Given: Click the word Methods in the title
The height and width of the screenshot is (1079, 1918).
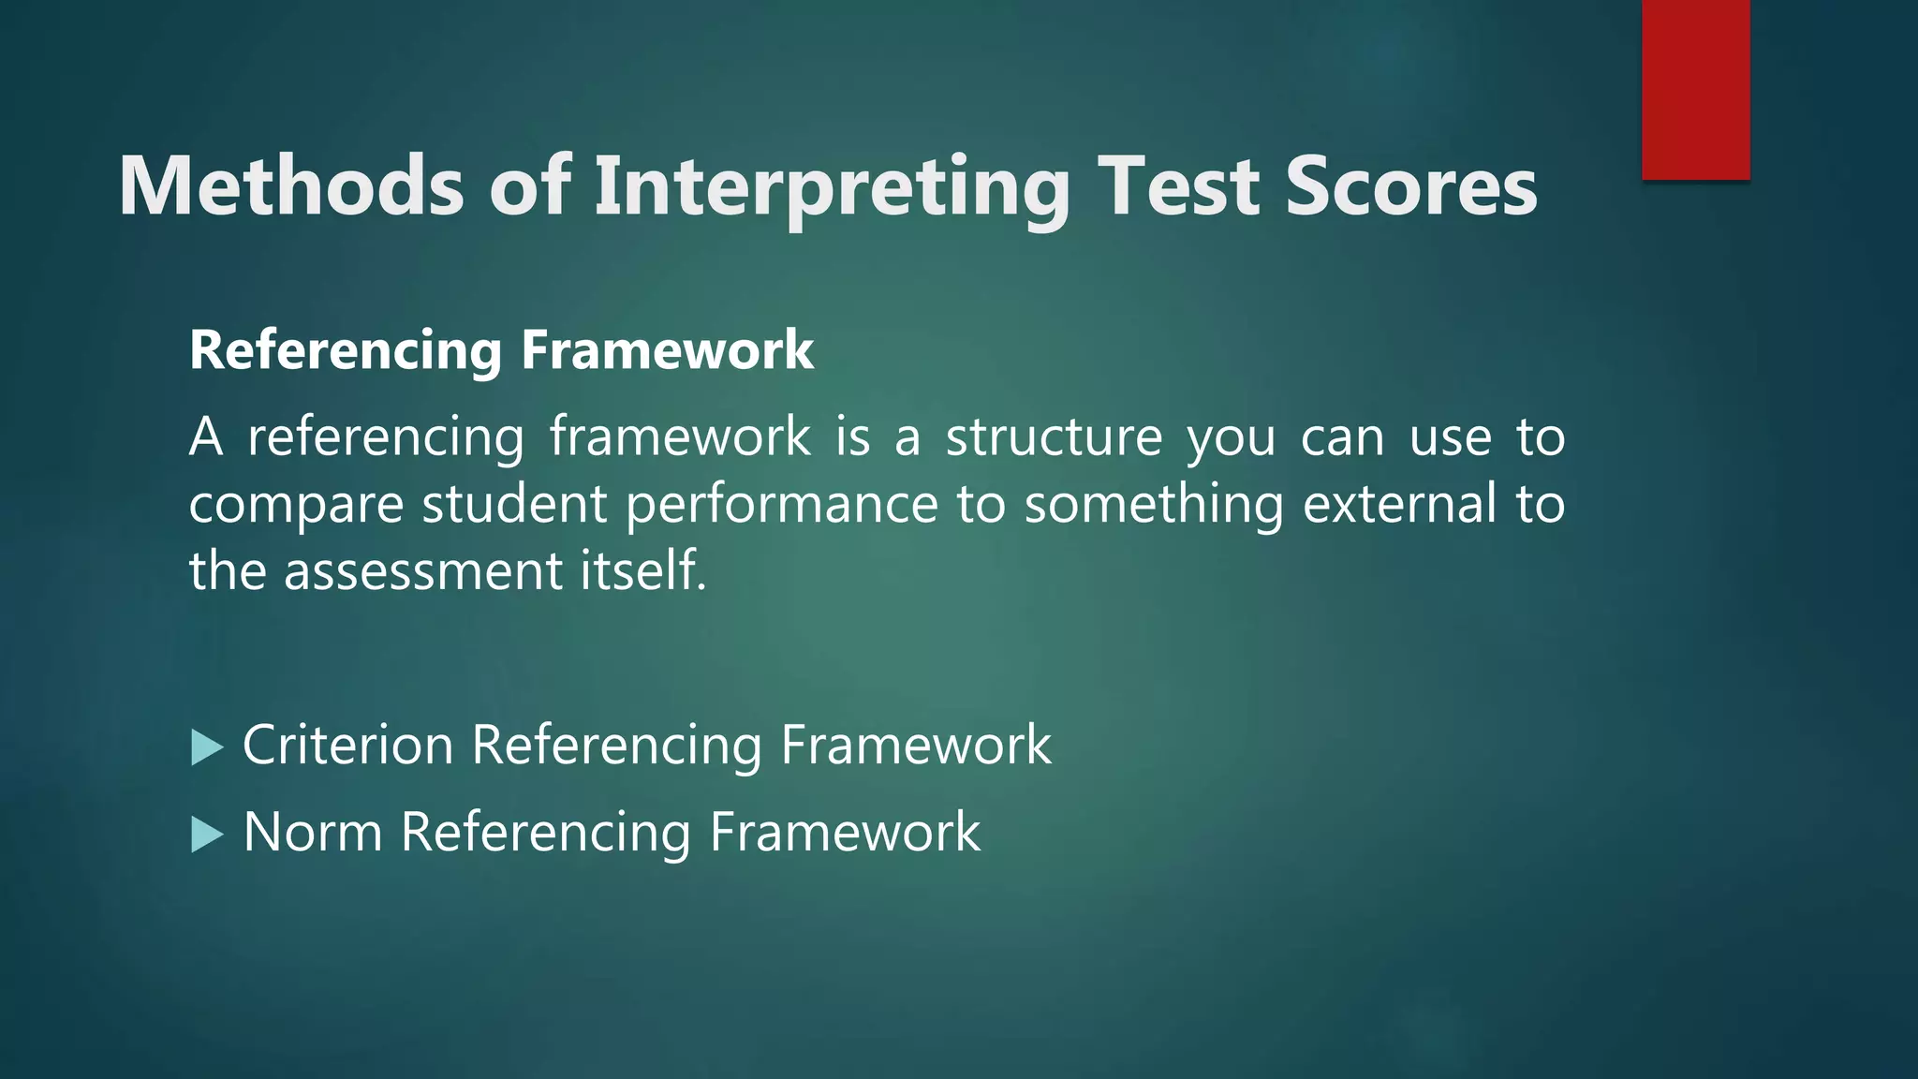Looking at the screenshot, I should click(291, 187).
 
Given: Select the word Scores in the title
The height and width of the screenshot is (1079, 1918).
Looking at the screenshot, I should click(1411, 187).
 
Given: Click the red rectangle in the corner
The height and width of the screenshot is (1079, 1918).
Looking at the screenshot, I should click(1695, 89).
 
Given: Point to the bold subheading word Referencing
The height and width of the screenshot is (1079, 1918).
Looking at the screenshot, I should click(346, 351).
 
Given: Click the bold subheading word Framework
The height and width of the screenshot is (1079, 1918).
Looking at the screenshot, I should click(667, 351).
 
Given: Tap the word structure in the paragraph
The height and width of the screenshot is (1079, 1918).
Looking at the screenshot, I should click(1054, 437).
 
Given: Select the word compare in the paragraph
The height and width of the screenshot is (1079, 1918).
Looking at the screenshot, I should click(296, 506).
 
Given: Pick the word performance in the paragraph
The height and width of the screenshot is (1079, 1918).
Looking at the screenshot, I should click(782, 506).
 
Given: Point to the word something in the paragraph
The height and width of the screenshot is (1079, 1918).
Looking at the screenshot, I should click(1154, 506).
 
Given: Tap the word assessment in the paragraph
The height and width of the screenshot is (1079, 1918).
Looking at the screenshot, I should click(422, 571).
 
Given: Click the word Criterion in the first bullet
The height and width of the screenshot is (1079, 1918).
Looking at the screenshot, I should click(348, 746).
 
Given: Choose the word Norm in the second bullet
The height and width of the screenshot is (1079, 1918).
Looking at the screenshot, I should click(313, 832).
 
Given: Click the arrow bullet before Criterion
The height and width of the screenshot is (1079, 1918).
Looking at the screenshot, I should click(207, 747).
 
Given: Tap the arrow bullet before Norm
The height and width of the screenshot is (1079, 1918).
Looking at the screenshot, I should click(207, 834).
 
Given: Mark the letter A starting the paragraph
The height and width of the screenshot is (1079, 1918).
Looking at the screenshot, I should click(206, 437).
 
